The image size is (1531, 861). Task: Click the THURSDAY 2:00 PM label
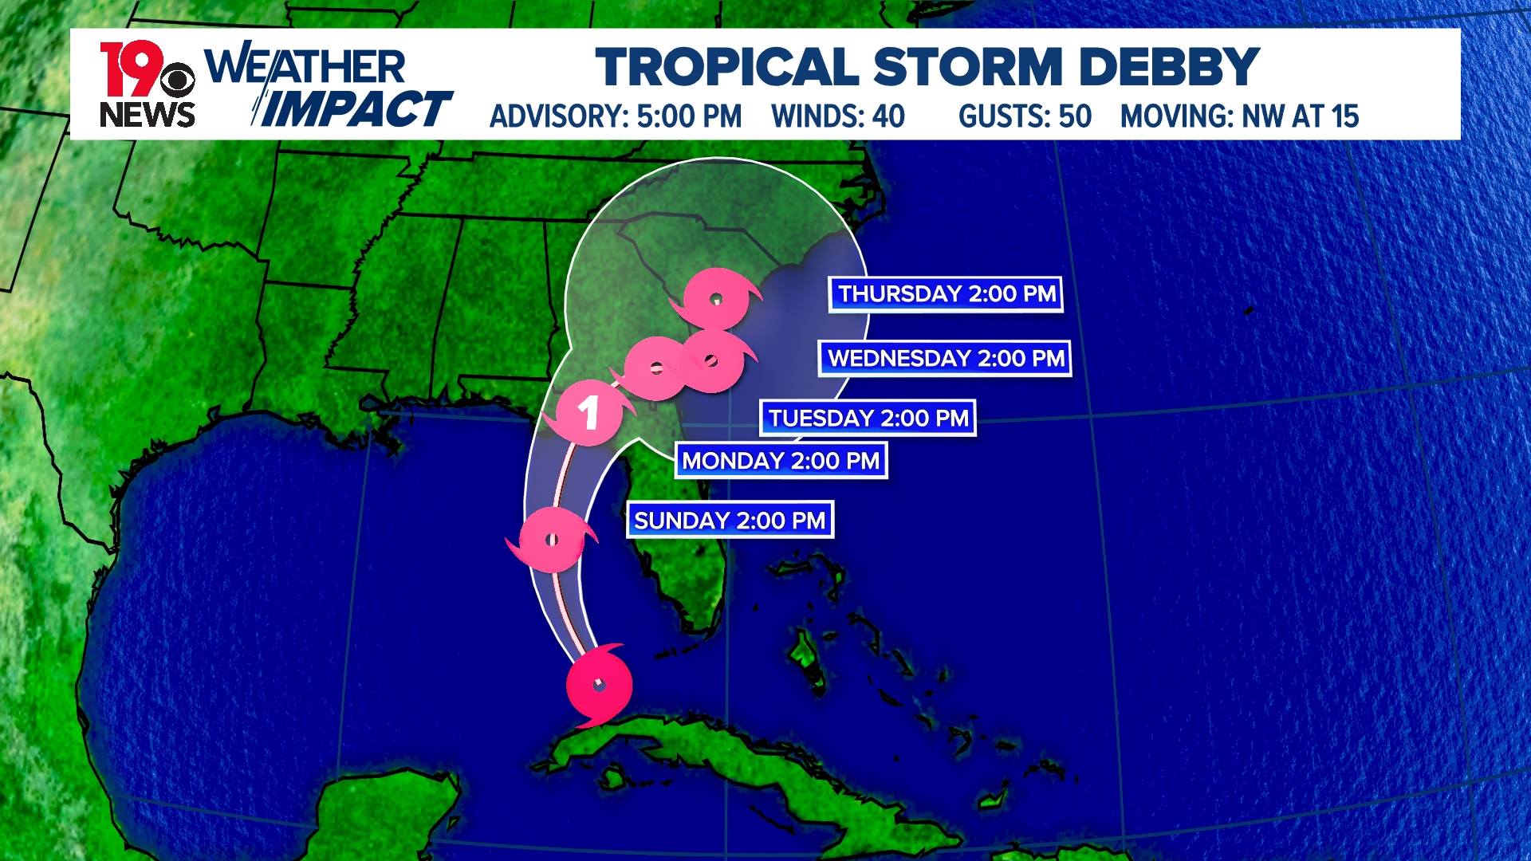946,294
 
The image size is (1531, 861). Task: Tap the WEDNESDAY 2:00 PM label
945,359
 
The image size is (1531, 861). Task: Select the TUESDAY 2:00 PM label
868,419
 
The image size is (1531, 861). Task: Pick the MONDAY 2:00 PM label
781,461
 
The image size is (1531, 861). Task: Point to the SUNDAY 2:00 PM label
730,521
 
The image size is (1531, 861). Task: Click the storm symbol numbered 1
588,413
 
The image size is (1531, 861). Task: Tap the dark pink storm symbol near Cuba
600,686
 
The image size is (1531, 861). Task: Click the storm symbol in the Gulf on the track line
552,540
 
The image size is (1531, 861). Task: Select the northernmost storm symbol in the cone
716,299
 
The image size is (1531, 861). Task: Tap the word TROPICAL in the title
726,67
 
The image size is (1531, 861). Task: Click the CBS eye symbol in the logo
177,80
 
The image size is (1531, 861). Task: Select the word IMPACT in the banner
356,109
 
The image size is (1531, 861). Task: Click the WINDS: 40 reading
838,116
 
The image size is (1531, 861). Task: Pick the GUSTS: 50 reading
1025,116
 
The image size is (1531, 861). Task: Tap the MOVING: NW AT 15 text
1239,116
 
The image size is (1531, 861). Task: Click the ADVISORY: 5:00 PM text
616,116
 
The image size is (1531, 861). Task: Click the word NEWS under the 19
148,115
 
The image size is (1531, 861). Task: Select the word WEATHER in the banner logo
305,67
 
